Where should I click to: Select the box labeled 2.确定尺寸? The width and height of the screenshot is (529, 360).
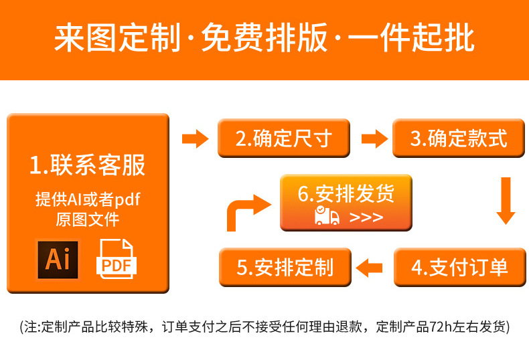click(284, 139)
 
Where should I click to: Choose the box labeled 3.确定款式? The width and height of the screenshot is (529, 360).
click(459, 139)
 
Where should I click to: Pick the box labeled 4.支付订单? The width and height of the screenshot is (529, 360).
click(459, 267)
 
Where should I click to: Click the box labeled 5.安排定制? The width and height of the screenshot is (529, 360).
click(285, 267)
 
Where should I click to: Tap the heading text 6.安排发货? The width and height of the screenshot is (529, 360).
click(346, 193)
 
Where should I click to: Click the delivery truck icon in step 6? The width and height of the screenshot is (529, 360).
click(327, 215)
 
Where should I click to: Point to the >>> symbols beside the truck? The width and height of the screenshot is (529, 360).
click(366, 217)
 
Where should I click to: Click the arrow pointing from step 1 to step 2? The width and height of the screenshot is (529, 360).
click(196, 139)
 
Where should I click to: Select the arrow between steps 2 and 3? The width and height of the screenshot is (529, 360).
click(374, 139)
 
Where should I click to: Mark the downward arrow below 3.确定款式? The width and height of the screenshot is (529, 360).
click(506, 200)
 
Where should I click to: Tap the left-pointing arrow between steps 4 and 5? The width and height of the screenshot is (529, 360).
click(369, 268)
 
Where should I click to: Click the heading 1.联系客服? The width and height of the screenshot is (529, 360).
click(88, 165)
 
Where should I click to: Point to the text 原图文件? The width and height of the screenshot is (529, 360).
click(88, 219)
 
